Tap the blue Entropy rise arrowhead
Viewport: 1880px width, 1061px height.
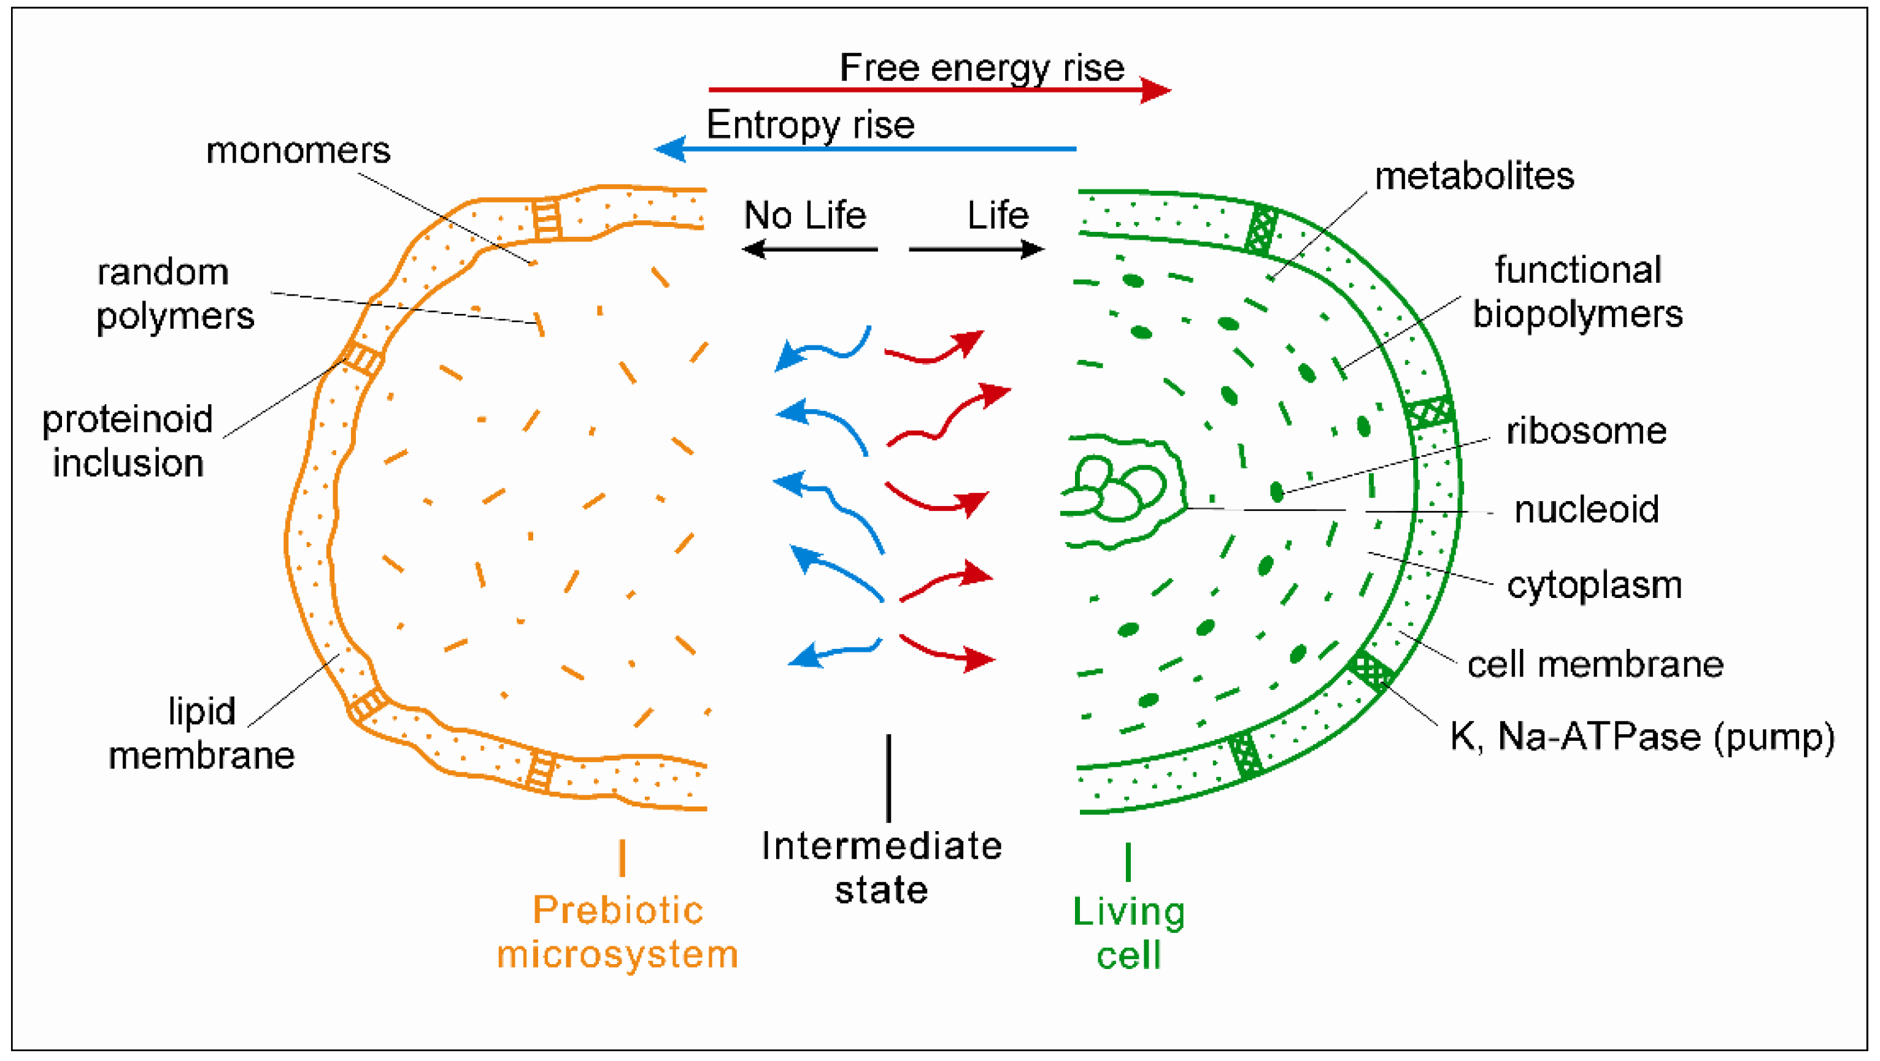click(670, 149)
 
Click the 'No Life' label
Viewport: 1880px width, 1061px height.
click(804, 215)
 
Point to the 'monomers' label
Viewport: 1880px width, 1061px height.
click(298, 151)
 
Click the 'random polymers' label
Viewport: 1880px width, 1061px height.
click(175, 294)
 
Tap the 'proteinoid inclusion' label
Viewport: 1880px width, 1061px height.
click(128, 441)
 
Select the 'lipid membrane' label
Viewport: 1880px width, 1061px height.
click(201, 733)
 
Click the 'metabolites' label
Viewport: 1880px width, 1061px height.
click(1474, 177)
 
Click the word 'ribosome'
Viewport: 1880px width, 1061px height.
click(1586, 431)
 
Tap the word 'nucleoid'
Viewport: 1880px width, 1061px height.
click(1586, 509)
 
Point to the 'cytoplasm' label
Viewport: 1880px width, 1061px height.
click(1594, 585)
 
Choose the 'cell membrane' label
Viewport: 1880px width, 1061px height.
click(1595, 665)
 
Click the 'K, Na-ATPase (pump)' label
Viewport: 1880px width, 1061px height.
click(1641, 737)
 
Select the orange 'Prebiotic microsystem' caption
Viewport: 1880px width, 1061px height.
click(617, 932)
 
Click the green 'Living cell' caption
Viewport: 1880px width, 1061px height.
click(1128, 933)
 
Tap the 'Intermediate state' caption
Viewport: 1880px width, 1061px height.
click(882, 868)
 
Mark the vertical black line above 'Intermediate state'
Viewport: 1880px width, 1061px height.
click(888, 778)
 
